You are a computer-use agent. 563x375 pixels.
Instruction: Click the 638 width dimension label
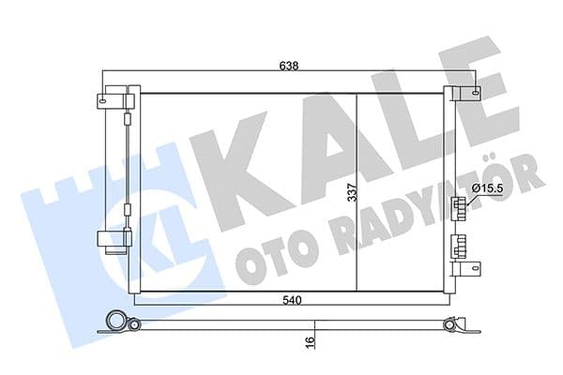point(287,67)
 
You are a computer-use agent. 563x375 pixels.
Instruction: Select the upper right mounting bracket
point(467,94)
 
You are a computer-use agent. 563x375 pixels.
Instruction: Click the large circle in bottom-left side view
point(116,319)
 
